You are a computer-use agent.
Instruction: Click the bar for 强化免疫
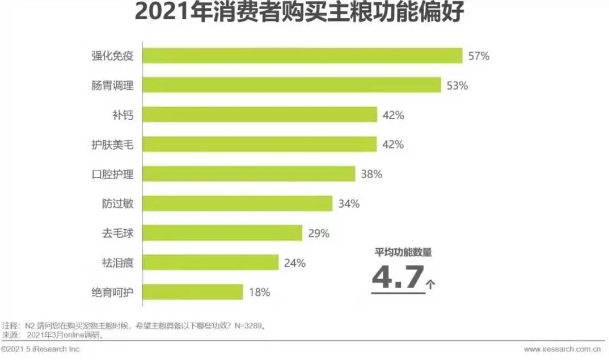pyautogui.click(x=303, y=56)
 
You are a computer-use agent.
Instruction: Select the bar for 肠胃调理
pyautogui.click(x=291, y=85)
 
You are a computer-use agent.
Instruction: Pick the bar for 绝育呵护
pyautogui.click(x=193, y=293)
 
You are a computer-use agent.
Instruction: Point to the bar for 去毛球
pyautogui.click(x=222, y=233)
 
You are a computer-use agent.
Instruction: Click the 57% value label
pyautogui.click(x=479, y=56)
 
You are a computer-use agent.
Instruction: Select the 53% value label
pyautogui.click(x=457, y=86)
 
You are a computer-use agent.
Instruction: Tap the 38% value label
pyautogui.click(x=371, y=175)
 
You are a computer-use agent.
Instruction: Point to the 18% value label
pyautogui.click(x=259, y=293)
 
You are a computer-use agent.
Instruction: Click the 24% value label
pyautogui.click(x=295, y=263)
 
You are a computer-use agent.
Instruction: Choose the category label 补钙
pyautogui.click(x=122, y=115)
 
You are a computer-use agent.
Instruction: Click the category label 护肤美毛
pyautogui.click(x=112, y=145)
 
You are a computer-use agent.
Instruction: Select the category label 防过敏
pyautogui.click(x=117, y=204)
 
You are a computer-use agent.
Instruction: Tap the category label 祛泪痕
pyautogui.click(x=117, y=263)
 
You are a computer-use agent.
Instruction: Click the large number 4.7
pyautogui.click(x=398, y=277)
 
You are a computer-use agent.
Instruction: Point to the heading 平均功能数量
pyautogui.click(x=403, y=252)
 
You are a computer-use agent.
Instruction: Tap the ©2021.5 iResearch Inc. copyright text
pyautogui.click(x=41, y=349)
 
